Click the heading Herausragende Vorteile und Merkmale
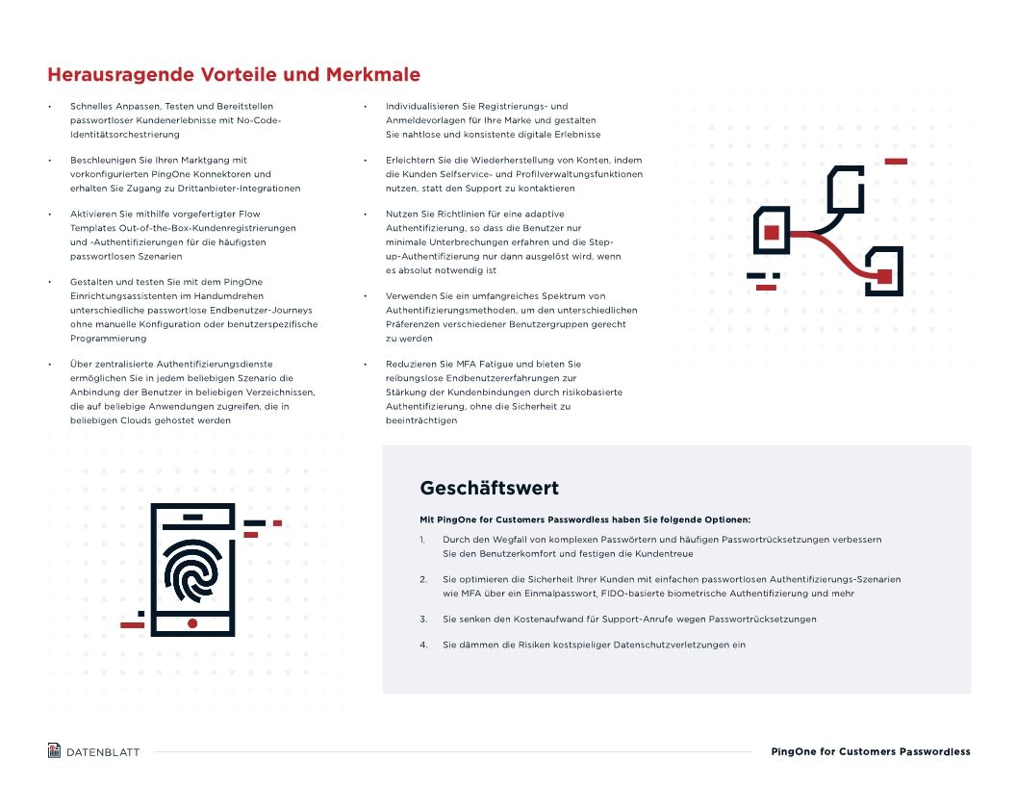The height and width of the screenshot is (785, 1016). [x=234, y=75]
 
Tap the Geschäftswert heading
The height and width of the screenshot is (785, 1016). [x=489, y=488]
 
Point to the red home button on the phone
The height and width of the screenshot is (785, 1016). [x=192, y=623]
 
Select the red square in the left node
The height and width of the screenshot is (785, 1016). [x=772, y=232]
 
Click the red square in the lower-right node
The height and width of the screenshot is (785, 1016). [x=884, y=276]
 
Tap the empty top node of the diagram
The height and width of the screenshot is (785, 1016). [x=846, y=189]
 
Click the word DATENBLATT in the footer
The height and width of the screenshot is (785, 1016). [x=103, y=752]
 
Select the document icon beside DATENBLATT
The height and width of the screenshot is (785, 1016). [x=54, y=750]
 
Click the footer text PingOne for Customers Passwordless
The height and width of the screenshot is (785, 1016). [x=871, y=751]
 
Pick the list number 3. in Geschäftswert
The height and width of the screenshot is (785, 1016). [x=423, y=619]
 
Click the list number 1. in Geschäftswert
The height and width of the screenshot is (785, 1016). [x=423, y=540]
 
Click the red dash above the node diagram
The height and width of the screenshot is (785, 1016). [x=896, y=161]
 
